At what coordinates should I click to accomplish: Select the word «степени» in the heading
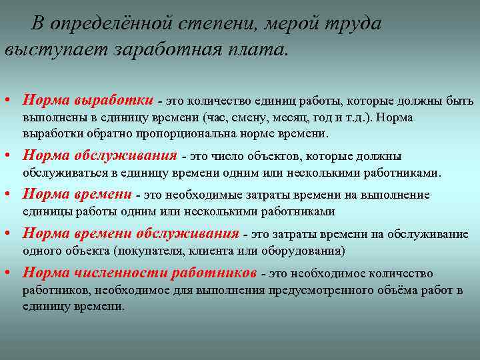coord(217,23)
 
